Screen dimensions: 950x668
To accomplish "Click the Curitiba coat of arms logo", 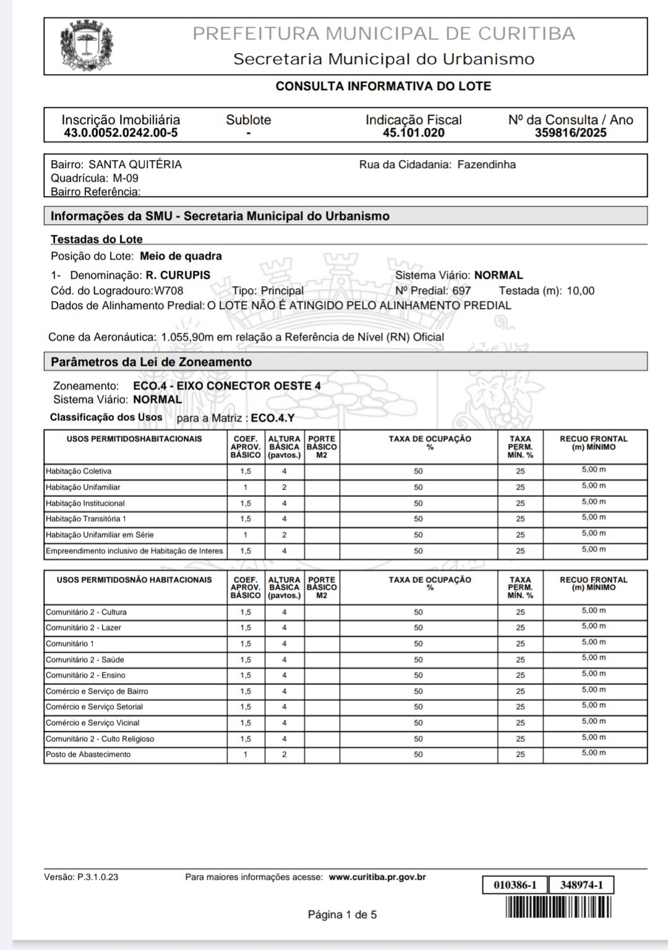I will point(87,46).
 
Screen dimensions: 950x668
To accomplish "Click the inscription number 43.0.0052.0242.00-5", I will point(121,133).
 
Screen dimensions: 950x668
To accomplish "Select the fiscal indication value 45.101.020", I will point(413,133).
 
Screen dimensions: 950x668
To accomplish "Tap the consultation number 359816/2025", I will point(570,133).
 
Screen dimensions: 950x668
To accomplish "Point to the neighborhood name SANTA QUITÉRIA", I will point(135,164).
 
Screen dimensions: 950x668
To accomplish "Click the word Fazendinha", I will point(486,164).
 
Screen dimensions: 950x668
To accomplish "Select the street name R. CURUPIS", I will point(178,275).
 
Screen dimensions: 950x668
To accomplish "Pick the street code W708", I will point(168,291).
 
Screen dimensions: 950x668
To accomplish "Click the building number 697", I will point(461,291).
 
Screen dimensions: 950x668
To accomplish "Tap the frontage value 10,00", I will point(580,291).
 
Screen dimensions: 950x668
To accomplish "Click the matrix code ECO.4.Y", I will point(273,418).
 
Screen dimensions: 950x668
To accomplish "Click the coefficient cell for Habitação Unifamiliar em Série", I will point(246,535).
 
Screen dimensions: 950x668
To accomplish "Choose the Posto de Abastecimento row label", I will point(88,754).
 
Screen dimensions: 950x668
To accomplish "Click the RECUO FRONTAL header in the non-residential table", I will point(593,583).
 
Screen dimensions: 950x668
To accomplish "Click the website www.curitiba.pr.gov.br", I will point(377,876).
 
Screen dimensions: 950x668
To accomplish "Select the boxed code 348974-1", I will point(581,885).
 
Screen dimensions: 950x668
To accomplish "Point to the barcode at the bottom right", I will point(558,907).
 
